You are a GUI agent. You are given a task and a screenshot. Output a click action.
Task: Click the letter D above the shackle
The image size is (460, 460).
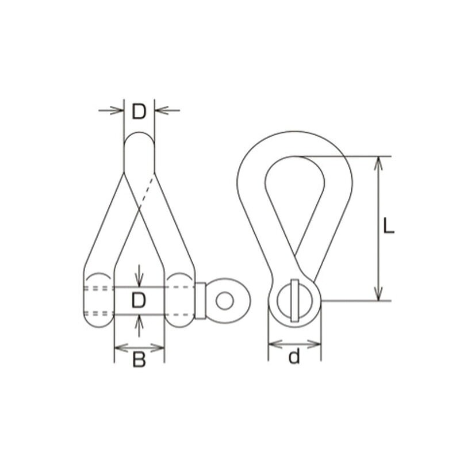139,112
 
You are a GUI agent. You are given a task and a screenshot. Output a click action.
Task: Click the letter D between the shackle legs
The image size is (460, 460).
139,300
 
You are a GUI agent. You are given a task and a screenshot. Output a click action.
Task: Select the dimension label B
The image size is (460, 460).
139,360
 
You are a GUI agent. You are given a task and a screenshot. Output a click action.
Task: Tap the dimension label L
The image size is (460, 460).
389,227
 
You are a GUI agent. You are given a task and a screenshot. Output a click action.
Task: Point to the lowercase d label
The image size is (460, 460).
294,356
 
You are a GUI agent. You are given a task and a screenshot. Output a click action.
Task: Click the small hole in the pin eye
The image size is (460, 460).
225,301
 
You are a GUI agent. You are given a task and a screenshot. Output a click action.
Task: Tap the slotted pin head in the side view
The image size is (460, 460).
294,300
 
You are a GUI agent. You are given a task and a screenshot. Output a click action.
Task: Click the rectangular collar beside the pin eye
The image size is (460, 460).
200,301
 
